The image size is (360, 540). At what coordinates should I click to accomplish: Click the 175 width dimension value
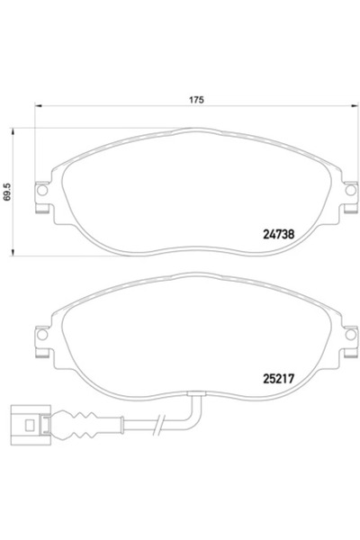(194, 100)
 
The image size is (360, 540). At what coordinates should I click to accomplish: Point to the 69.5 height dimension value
(8, 190)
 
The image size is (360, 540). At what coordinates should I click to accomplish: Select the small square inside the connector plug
(34, 421)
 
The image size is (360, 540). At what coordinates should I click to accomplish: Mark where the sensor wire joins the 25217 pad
(194, 393)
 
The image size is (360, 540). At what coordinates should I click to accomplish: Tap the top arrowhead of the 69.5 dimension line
(13, 130)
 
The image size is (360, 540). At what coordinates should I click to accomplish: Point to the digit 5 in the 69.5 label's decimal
(8, 182)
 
